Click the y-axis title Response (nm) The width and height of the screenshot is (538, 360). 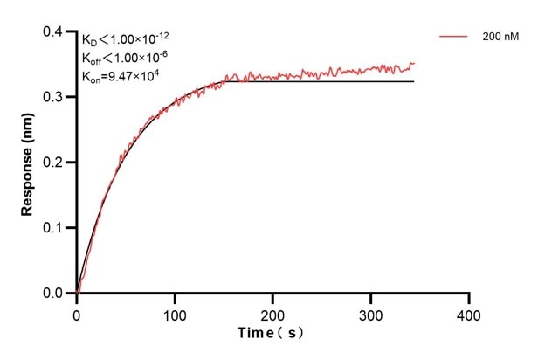tap(29, 163)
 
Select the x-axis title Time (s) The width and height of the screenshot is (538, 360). tap(272, 334)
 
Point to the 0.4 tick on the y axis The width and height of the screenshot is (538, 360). tap(54, 32)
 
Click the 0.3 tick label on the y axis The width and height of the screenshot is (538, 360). tap(54, 97)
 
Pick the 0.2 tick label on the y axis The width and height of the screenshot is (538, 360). tap(54, 163)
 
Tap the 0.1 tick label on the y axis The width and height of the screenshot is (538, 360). tap(54, 228)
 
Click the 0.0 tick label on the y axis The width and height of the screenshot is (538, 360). tap(54, 294)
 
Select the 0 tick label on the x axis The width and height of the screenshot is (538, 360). tap(77, 313)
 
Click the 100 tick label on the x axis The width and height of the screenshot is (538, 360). tap(175, 313)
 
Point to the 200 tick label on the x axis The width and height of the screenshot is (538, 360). tap(273, 313)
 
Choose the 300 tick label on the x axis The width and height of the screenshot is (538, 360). tap(371, 313)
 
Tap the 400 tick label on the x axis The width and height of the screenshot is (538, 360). tap(470, 313)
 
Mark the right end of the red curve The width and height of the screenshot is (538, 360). tap(414, 63)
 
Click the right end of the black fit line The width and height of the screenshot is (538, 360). tap(413, 81)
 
